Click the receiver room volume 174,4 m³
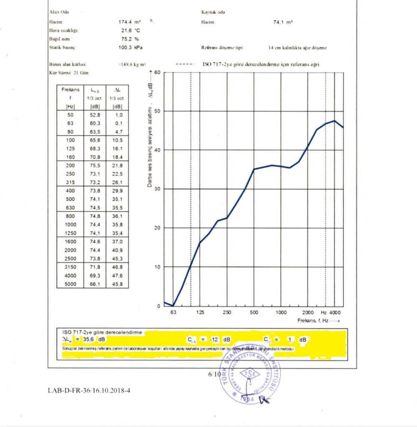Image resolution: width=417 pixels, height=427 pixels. (130, 22)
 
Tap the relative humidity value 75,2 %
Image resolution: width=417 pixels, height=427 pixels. (130, 39)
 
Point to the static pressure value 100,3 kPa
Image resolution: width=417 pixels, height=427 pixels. (130, 48)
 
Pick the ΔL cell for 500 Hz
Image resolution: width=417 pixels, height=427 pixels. (117, 199)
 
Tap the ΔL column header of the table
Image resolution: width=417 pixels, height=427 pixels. (117, 90)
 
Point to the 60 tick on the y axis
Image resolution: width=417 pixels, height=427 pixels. (158, 73)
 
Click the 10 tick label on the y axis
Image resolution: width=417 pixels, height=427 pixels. (158, 267)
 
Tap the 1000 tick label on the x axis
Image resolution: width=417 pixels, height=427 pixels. (281, 312)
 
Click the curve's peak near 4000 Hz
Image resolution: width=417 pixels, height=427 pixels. (334, 121)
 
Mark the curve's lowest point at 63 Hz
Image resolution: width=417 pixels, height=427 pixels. (173, 306)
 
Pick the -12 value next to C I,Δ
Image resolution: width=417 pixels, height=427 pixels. (214, 340)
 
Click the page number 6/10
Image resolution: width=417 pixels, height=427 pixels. (214, 374)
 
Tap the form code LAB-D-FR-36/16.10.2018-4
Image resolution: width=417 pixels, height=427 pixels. (92, 391)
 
